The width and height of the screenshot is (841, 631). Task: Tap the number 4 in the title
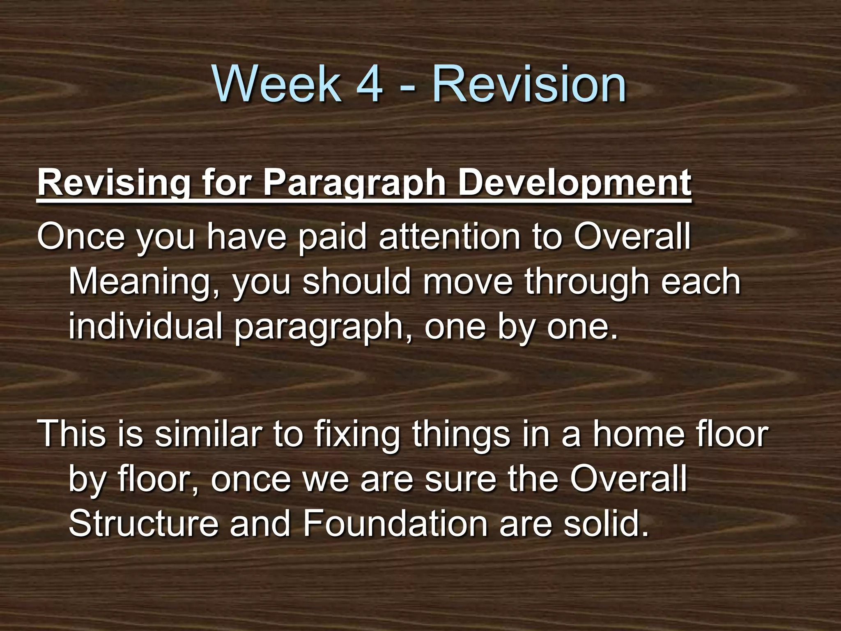(x=370, y=84)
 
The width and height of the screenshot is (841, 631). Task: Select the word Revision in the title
(x=529, y=84)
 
